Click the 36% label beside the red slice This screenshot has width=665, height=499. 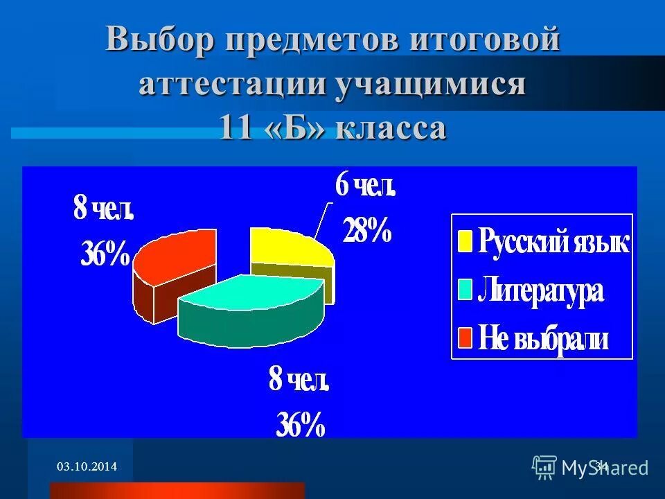105,255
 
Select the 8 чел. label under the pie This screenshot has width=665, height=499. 299,381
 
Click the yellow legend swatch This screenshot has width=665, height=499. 465,242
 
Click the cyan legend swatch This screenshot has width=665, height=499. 465,290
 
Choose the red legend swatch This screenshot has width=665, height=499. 465,338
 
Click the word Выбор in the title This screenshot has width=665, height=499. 160,40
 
